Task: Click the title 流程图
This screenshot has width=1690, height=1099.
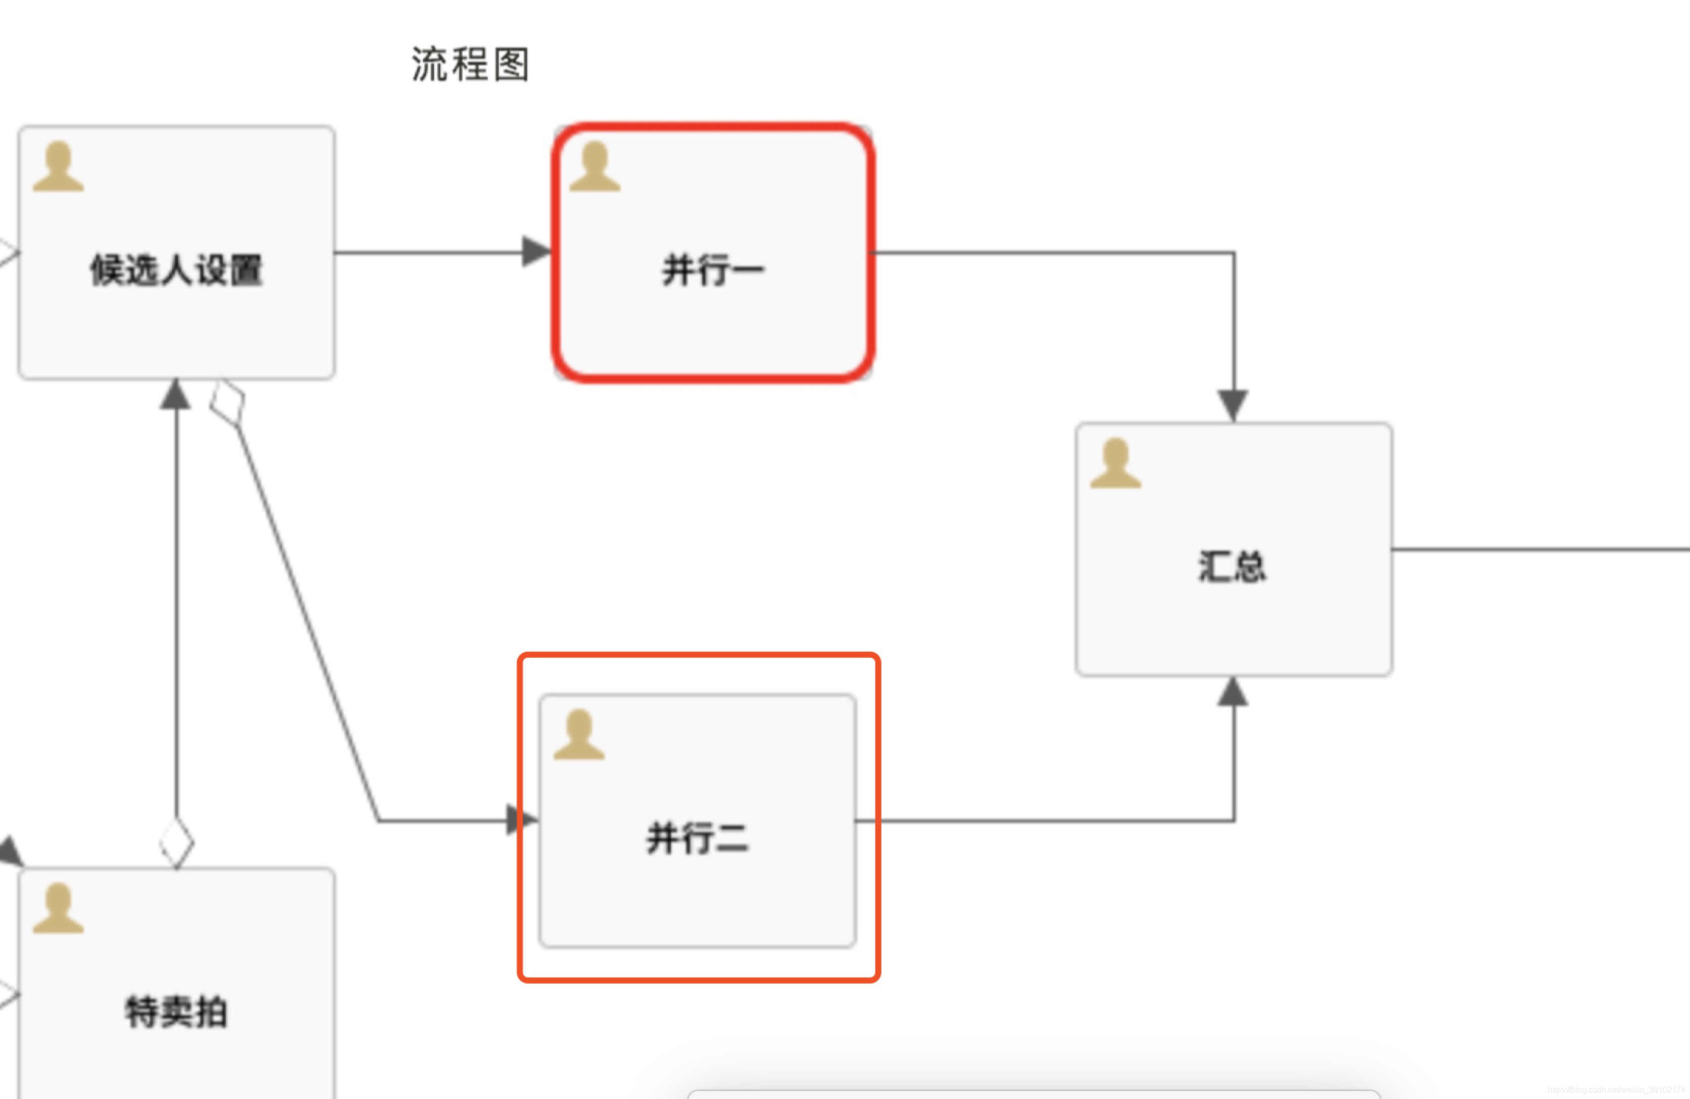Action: pos(470,65)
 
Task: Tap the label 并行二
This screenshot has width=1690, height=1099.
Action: pos(697,838)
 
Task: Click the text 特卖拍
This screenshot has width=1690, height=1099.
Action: pos(176,1011)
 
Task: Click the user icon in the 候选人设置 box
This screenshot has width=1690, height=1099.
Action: pos(58,167)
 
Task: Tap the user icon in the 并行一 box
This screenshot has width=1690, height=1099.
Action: pos(595,167)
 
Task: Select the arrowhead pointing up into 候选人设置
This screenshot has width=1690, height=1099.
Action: pos(176,395)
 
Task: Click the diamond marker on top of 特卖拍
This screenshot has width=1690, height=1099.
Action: pos(176,842)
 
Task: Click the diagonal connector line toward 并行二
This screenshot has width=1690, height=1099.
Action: pos(305,618)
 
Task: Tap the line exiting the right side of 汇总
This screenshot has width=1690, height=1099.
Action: pos(1541,549)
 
